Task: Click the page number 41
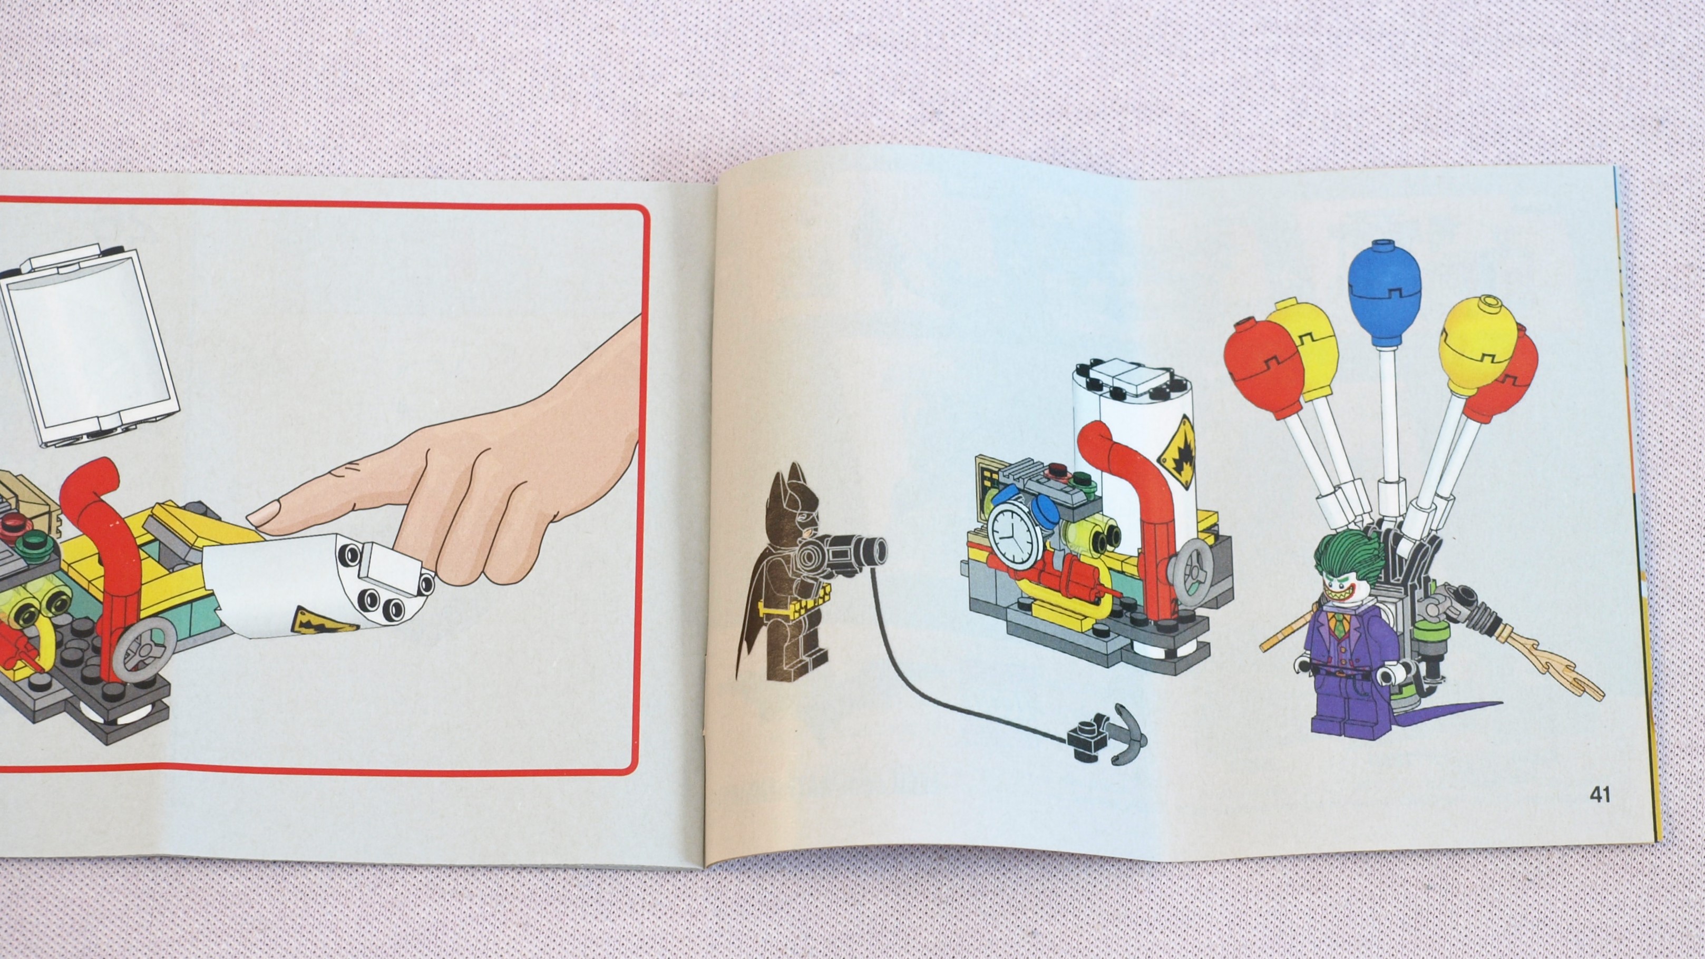pos(1600,794)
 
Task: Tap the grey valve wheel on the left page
pos(150,651)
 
